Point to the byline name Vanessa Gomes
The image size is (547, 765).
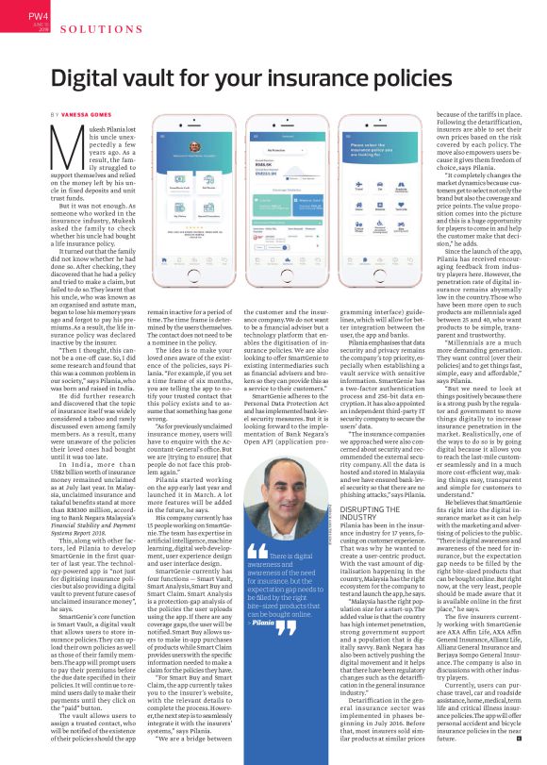(x=84, y=113)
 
